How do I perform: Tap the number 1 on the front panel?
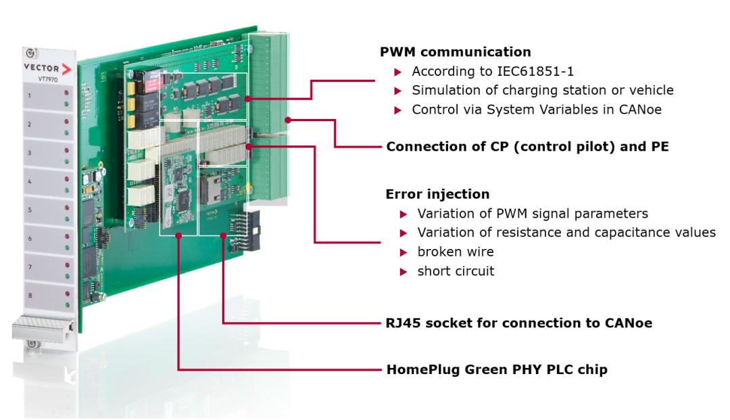pyautogui.click(x=29, y=96)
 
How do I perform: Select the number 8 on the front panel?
pyautogui.click(x=29, y=296)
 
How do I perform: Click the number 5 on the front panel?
pyautogui.click(x=29, y=210)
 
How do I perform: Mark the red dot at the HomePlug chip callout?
pyautogui.click(x=178, y=235)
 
